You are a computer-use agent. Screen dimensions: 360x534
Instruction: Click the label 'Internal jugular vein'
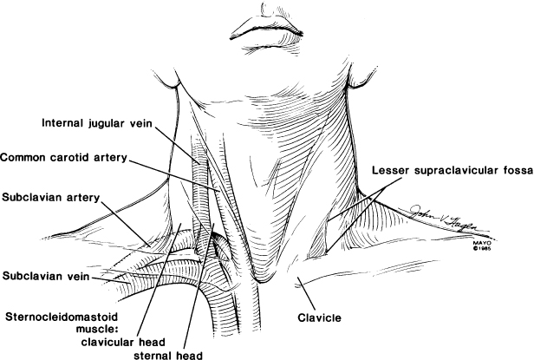pos(97,124)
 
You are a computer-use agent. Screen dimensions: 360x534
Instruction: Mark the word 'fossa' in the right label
pos(512,169)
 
